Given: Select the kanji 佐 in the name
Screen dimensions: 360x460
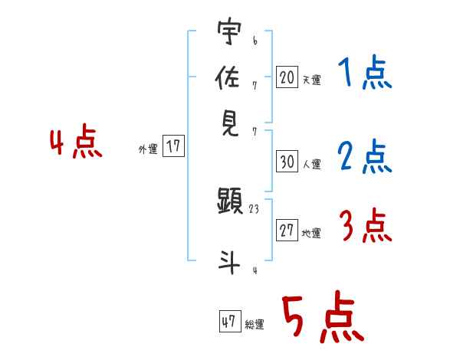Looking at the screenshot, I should point(228,77).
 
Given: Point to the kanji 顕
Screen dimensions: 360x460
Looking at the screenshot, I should point(229,202).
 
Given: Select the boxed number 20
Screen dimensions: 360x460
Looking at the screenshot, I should point(286,77).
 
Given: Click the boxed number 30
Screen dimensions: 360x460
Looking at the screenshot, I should point(286,161).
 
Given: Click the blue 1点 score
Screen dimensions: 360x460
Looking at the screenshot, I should point(365,75).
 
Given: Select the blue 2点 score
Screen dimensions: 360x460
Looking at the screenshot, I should point(365,158).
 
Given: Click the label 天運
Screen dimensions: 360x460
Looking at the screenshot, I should point(311,80).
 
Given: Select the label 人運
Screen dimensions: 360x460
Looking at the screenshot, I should point(311,164).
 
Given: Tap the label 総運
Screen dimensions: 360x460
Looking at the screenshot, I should point(255,325).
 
